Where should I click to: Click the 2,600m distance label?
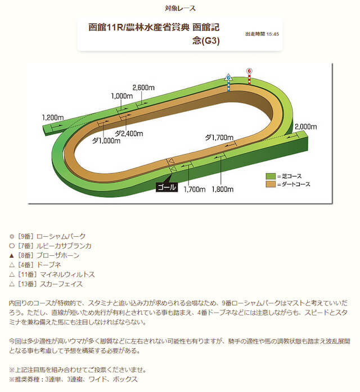143,88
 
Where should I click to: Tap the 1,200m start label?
53,118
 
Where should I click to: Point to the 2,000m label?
306,127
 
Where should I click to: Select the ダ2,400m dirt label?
129,133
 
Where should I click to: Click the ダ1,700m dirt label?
219,137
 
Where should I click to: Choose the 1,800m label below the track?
223,189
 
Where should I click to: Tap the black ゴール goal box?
166,187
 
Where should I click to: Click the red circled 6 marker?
249,71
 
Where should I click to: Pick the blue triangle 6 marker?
228,77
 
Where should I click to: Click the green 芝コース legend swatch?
271,176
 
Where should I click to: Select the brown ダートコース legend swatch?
271,184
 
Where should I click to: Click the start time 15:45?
272,34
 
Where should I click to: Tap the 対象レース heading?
180,8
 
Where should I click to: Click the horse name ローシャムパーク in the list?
61,236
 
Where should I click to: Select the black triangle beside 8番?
12,255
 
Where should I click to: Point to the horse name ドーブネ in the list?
49,265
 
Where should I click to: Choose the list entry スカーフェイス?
61,284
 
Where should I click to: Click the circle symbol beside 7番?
12,246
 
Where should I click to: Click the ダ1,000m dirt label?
106,141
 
